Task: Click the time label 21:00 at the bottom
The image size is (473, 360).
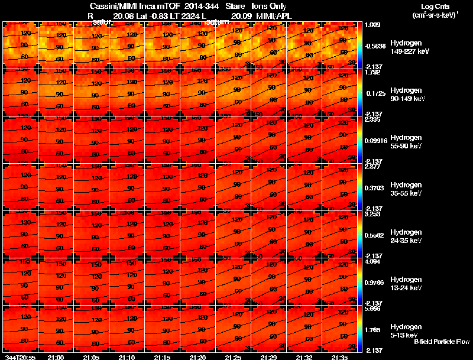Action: point(56,357)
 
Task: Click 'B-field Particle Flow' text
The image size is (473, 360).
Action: point(442,342)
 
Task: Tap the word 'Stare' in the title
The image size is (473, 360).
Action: point(235,6)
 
